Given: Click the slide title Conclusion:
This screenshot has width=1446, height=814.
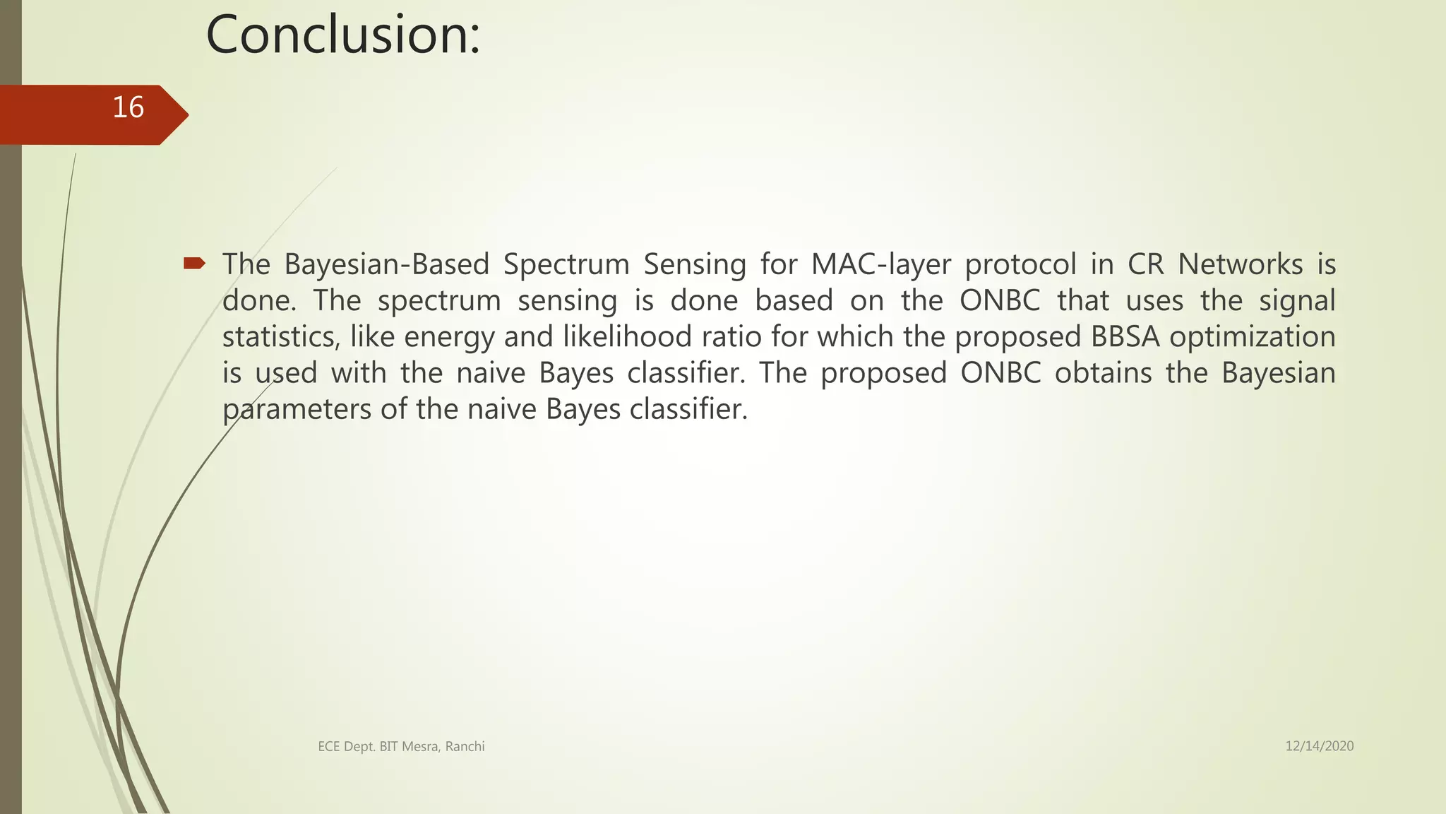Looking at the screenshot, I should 343,35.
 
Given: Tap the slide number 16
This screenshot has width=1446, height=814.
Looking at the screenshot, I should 128,107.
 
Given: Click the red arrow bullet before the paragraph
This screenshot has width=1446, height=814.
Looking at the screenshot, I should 193,264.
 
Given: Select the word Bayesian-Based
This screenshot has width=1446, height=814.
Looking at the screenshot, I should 387,264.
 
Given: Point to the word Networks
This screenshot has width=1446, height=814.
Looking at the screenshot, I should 1241,264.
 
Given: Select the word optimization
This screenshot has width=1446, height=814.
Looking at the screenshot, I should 1253,337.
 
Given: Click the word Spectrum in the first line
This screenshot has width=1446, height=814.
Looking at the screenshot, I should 566,264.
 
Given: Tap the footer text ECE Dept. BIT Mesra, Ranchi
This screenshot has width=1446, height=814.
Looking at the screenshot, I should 401,746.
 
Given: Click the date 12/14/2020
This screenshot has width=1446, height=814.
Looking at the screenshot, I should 1319,746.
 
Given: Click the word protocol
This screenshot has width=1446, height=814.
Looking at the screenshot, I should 1020,264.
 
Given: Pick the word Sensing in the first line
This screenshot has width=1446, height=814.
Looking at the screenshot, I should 695,264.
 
